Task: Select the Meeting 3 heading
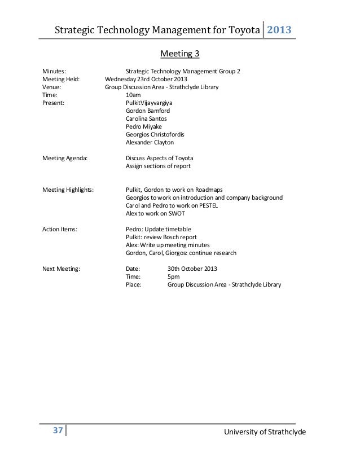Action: (x=180, y=54)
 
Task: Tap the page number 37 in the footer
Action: (x=57, y=430)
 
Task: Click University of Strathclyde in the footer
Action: (x=265, y=432)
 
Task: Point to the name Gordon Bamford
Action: (x=148, y=111)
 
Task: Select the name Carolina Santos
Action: (x=146, y=119)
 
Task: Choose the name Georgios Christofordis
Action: (x=155, y=135)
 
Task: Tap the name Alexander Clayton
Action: (x=150, y=143)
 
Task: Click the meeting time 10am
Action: (x=133, y=95)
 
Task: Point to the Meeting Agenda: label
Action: (x=65, y=159)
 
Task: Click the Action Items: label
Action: (x=60, y=230)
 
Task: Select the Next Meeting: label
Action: (x=62, y=269)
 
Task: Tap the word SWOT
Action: (x=176, y=214)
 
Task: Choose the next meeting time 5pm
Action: (x=173, y=277)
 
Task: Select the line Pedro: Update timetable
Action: (x=158, y=230)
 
